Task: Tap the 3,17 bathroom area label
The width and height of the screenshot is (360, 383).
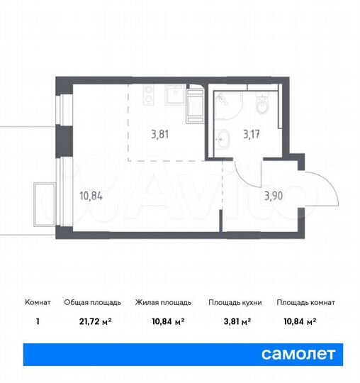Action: pyautogui.click(x=252, y=131)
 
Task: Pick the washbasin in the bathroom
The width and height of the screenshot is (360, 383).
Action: pyautogui.click(x=223, y=138)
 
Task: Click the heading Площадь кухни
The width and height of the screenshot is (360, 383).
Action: pyautogui.click(x=235, y=302)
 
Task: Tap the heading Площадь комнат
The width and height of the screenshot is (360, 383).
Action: pyautogui.click(x=306, y=302)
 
